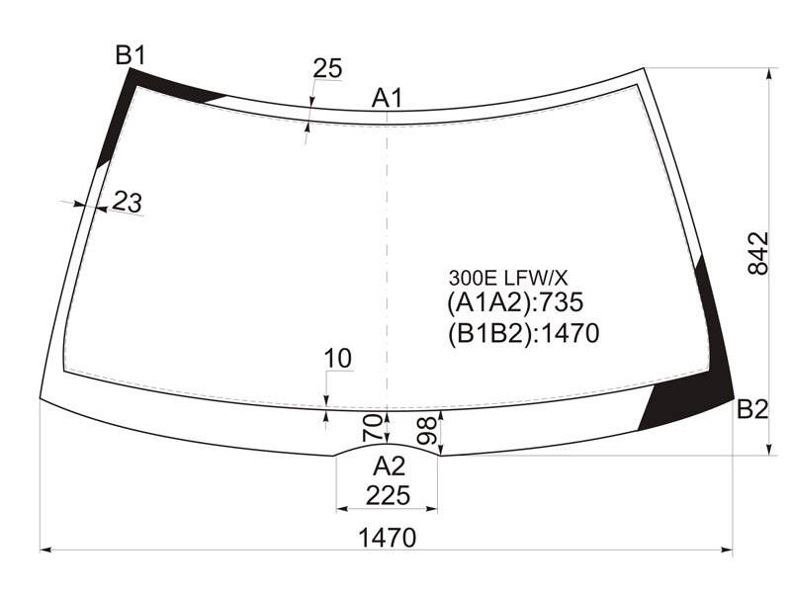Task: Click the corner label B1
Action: click(x=131, y=55)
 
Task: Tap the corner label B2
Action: click(x=752, y=409)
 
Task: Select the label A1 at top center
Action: click(x=387, y=98)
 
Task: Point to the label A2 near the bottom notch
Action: click(x=389, y=466)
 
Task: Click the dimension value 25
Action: click(x=327, y=68)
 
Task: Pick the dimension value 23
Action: click(x=127, y=202)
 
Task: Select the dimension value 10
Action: click(x=337, y=359)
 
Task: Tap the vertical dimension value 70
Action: click(x=372, y=427)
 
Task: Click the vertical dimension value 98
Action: click(x=427, y=431)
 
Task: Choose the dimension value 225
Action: click(x=388, y=496)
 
